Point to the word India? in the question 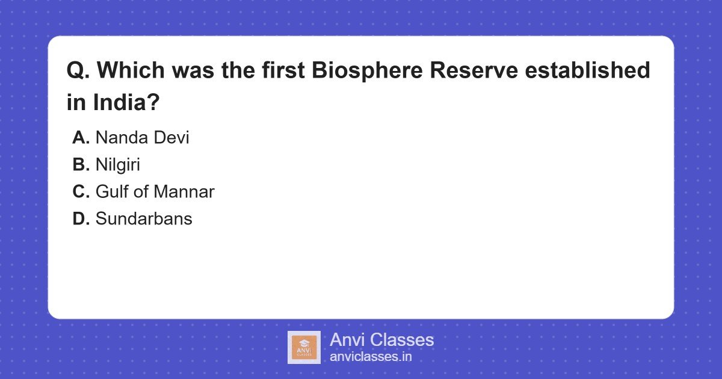pyautogui.click(x=126, y=103)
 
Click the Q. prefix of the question pyautogui.click(x=78, y=71)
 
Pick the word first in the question pyautogui.click(x=282, y=71)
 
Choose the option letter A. pyautogui.click(x=81, y=138)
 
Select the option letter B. pyautogui.click(x=81, y=165)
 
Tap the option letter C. pyautogui.click(x=81, y=192)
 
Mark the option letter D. pyautogui.click(x=81, y=219)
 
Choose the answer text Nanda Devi pyautogui.click(x=142, y=138)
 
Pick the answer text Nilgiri pyautogui.click(x=117, y=165)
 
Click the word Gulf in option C pyautogui.click(x=111, y=192)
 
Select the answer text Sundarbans pyautogui.click(x=144, y=219)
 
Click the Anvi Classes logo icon pyautogui.click(x=304, y=347)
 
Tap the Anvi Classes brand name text pyautogui.click(x=381, y=340)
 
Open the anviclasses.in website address pyautogui.click(x=371, y=357)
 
